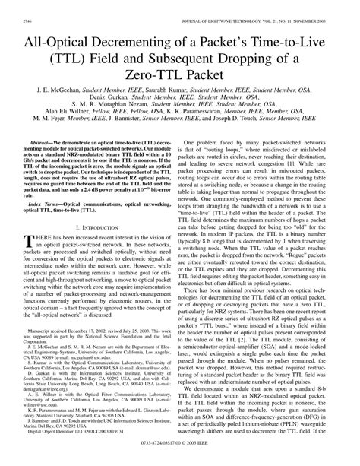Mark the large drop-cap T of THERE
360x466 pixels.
click(x=30, y=243)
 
